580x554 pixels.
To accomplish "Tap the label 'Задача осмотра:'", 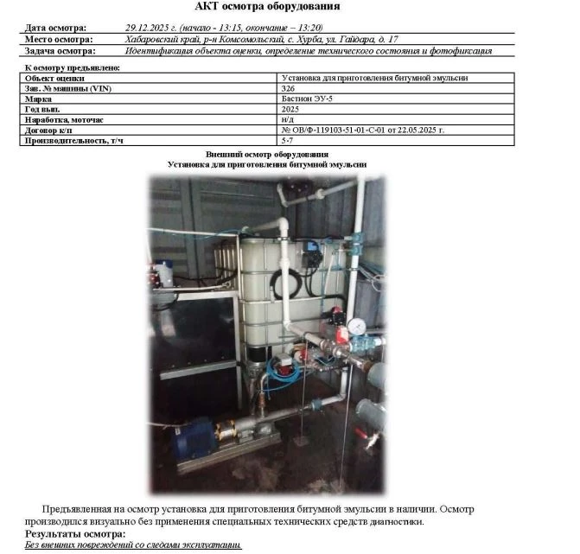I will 59,51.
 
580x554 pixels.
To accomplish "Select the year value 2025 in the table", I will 290,110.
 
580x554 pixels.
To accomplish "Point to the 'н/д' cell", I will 288,119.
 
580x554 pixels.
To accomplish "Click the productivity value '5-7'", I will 287,139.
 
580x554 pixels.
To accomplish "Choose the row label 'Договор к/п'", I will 49,130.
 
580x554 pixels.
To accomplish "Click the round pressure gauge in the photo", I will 356,327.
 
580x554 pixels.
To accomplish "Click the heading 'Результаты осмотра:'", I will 75,534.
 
